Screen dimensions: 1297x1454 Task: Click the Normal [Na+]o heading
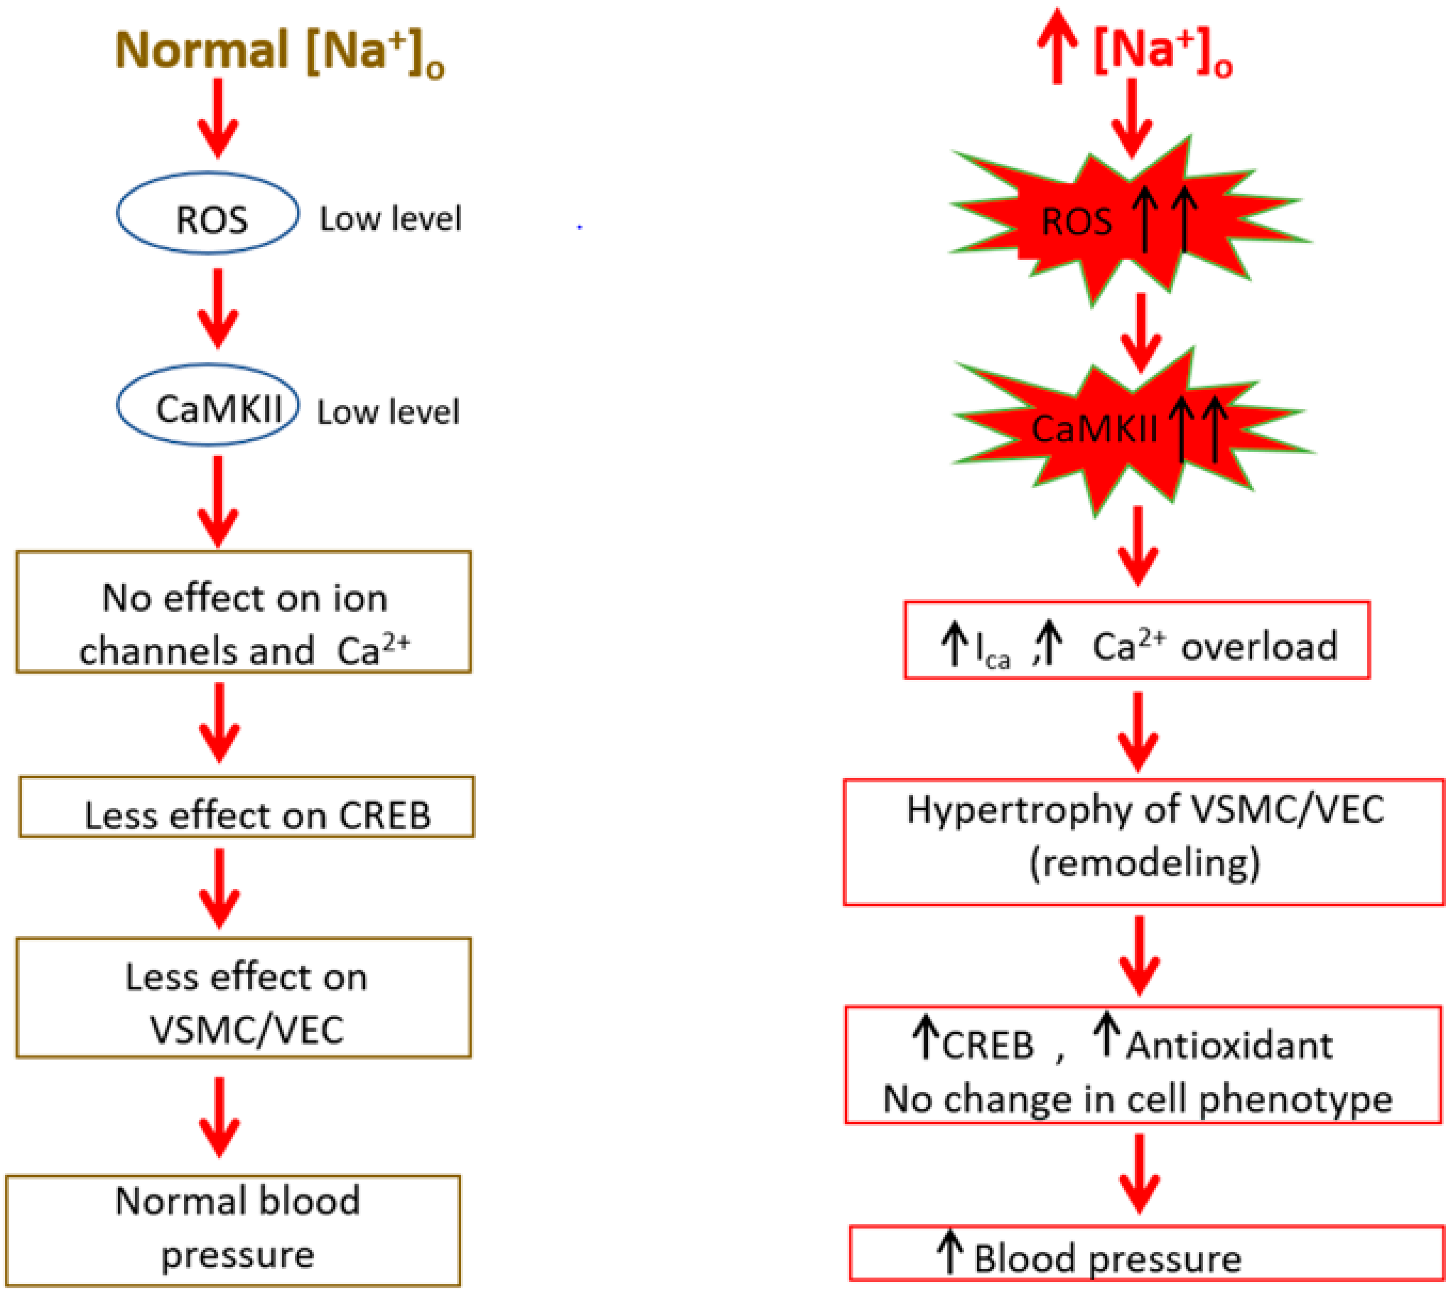[x=279, y=51]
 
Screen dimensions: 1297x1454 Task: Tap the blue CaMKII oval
[x=208, y=405]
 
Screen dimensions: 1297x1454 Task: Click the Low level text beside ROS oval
[x=390, y=219]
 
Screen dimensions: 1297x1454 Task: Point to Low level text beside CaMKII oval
[x=388, y=412]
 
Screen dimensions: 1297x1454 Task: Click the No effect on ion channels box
[x=244, y=612]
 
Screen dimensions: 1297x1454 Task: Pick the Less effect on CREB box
[x=247, y=807]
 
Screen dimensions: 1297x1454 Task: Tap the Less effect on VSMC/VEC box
[x=244, y=998]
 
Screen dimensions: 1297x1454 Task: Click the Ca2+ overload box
[x=1137, y=640]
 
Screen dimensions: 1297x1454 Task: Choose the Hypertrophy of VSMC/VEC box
[x=1144, y=842]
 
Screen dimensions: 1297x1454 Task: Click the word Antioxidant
[x=1229, y=1046]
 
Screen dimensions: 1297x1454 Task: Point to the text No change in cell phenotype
[x=1138, y=1100]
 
